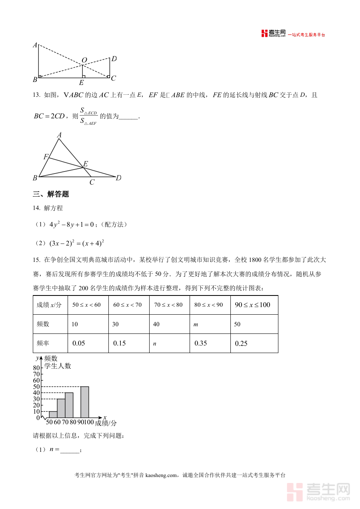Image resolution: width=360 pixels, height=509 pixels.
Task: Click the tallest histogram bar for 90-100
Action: coord(84,402)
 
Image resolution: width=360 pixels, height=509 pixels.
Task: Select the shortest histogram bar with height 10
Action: coord(53,414)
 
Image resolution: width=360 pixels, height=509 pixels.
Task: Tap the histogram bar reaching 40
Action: coord(69,405)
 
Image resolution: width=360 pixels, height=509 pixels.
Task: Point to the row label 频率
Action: coord(43,343)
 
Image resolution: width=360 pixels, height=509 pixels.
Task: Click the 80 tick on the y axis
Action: coord(36,368)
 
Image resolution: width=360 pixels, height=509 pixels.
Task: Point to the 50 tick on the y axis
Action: coord(36,387)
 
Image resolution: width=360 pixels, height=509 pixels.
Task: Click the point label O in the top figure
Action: coord(84,60)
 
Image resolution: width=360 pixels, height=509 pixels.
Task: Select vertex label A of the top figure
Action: coord(35,45)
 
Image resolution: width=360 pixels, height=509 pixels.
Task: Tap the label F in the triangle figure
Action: coord(46,157)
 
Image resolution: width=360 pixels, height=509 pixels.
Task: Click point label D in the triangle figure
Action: coord(118,178)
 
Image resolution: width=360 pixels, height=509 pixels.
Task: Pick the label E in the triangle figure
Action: coord(85,164)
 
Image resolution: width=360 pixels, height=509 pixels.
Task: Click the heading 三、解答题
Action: coord(51,194)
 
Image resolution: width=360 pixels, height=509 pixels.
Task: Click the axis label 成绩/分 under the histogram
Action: coord(106,423)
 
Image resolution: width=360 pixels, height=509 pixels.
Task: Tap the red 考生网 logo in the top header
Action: coord(274,34)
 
